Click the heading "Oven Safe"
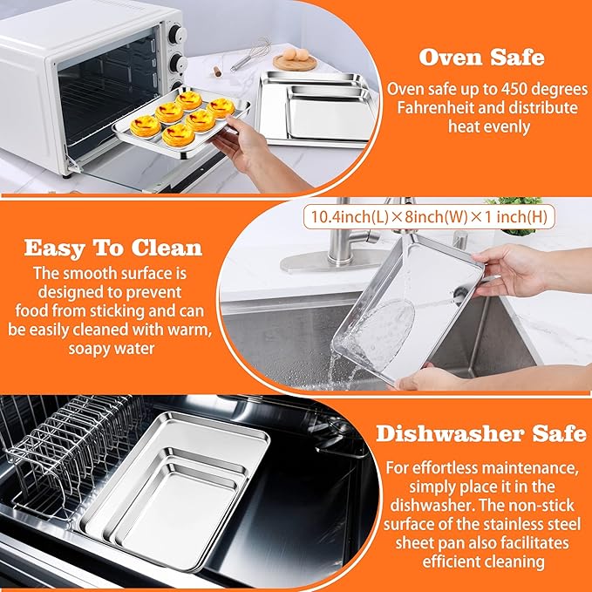[482, 58]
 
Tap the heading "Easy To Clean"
[113, 247]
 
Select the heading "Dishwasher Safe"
[480, 432]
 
